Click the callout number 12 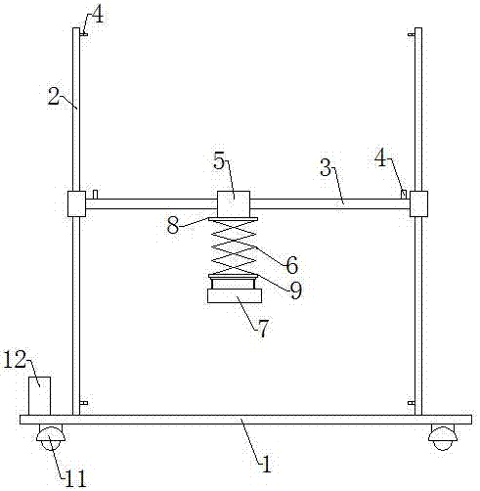(15, 360)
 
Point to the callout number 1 (266, 464)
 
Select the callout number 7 (263, 329)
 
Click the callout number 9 (295, 290)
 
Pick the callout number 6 (292, 265)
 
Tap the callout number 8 (173, 225)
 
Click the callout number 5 (219, 160)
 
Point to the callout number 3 (326, 167)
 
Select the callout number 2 (54, 97)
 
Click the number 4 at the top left (98, 15)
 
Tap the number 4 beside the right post (380, 158)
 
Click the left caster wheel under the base (50, 436)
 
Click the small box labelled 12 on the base (40, 396)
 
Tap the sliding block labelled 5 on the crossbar (234, 204)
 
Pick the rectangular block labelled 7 (235, 295)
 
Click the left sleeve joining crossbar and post (76, 203)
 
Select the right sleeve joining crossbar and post (418, 203)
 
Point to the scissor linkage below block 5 (234, 247)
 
